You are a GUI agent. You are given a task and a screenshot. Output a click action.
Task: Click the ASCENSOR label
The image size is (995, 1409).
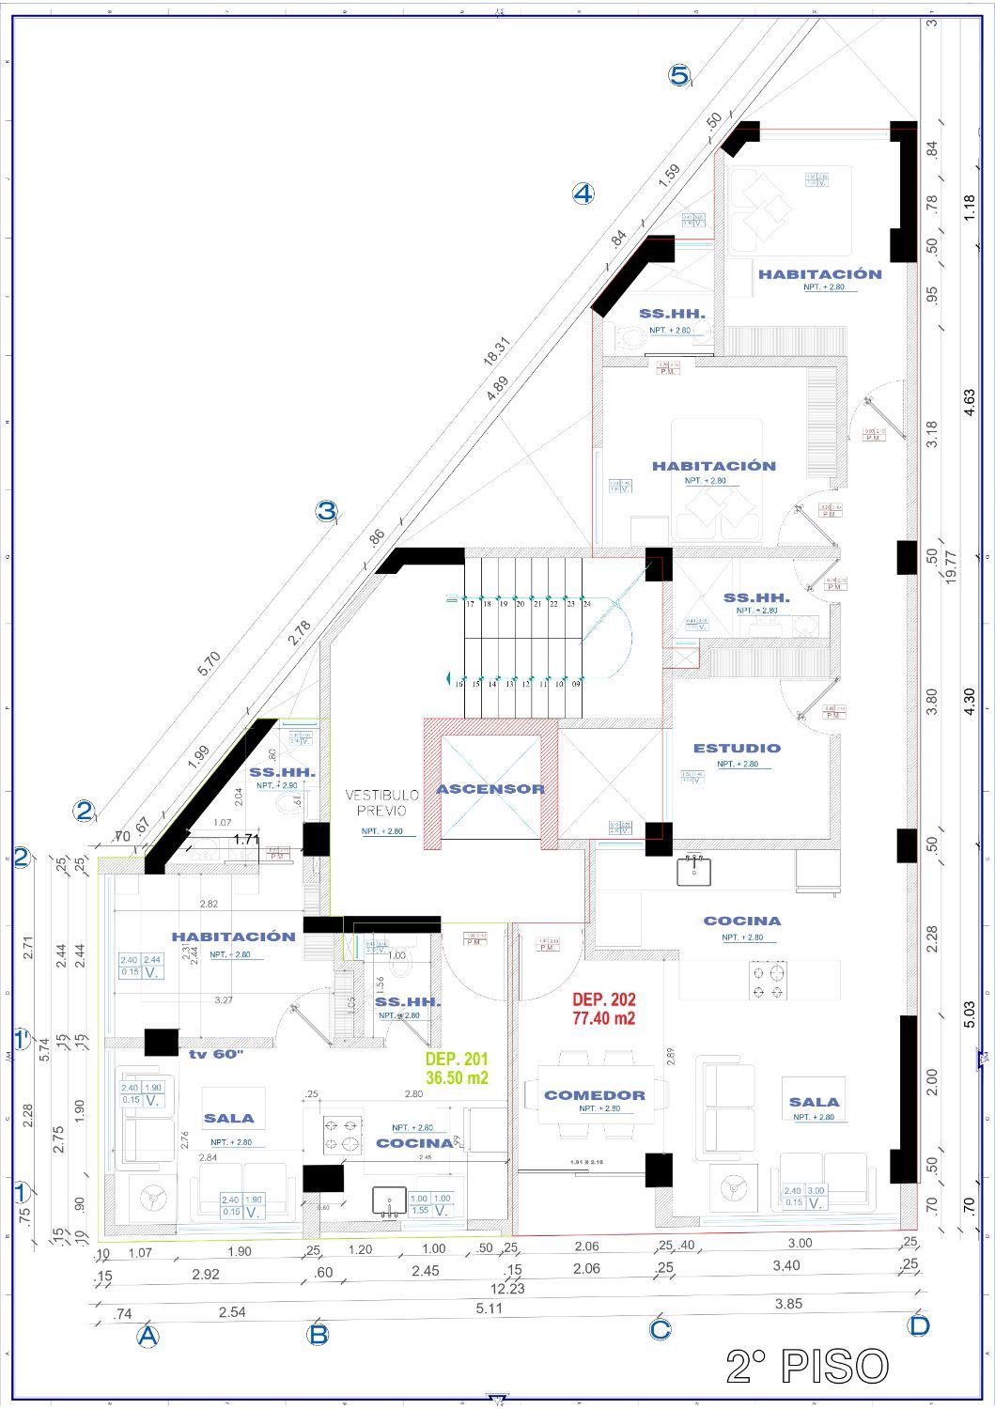coord(490,789)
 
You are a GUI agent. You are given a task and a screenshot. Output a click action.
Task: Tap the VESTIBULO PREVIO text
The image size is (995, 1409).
coord(375,803)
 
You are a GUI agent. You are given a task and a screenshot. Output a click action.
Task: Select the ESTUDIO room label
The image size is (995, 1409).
coord(737,749)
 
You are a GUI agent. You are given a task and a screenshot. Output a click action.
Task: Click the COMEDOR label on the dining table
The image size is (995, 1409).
coord(595,1095)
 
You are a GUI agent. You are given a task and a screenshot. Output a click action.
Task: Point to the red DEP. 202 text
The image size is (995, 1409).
coord(604,1008)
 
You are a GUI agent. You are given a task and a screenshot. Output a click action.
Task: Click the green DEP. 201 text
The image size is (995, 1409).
coord(457,1068)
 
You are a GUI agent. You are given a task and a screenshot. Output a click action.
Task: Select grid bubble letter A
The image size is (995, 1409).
coord(147,1336)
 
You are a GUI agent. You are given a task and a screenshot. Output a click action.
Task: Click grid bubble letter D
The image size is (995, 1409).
coord(918,1325)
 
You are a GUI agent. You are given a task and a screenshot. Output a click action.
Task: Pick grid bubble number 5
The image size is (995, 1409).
coord(679,75)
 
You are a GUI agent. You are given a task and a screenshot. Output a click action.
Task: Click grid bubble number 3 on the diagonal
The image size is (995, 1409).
coord(325,512)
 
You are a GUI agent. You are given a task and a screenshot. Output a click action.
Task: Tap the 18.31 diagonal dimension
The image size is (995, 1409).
coord(496,352)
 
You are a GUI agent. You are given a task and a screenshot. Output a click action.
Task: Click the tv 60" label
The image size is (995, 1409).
coord(216,1055)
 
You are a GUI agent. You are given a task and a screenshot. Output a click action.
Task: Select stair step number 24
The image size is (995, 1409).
coord(586,605)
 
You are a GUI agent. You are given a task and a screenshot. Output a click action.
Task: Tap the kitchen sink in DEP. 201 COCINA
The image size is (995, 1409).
coord(389,1201)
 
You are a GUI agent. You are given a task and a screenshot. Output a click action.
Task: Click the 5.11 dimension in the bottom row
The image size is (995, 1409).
coord(489,1308)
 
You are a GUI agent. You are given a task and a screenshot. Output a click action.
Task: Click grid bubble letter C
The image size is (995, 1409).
coord(660,1329)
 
